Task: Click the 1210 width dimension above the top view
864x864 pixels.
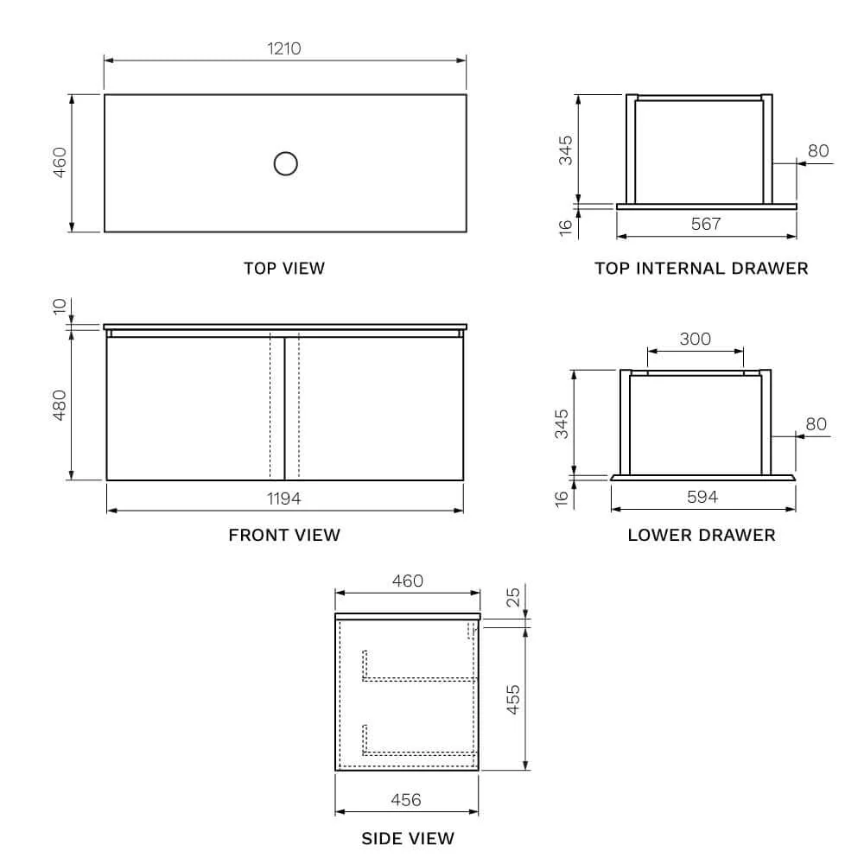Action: pyautogui.click(x=283, y=48)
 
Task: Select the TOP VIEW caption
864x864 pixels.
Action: pyautogui.click(x=284, y=269)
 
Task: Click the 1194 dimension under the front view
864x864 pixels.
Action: pyautogui.click(x=283, y=499)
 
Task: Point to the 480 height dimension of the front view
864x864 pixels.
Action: pyautogui.click(x=60, y=405)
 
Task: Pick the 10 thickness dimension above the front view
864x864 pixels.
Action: pyautogui.click(x=60, y=307)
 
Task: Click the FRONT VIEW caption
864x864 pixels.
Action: pyautogui.click(x=284, y=535)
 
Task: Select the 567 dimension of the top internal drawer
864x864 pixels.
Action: pyautogui.click(x=706, y=224)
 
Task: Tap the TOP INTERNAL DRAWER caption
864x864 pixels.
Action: pyautogui.click(x=702, y=269)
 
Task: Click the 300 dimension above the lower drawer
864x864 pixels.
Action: pyautogui.click(x=696, y=339)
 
